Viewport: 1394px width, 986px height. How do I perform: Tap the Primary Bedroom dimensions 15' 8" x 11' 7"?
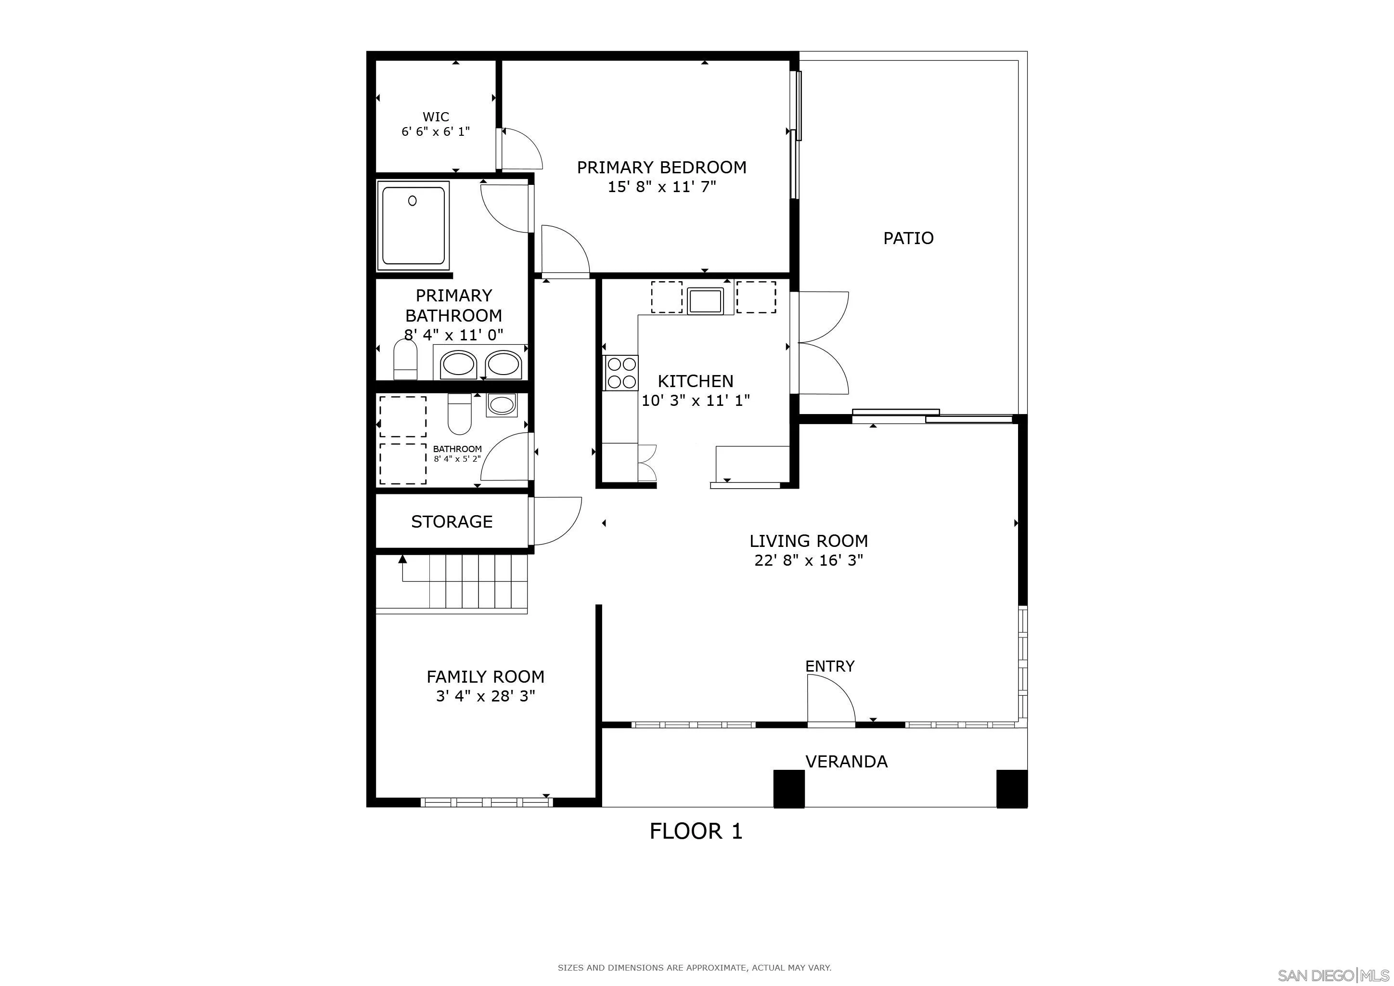tap(662, 187)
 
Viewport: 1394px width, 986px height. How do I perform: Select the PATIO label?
tap(908, 238)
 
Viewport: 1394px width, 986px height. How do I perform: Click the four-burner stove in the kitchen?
tap(620, 373)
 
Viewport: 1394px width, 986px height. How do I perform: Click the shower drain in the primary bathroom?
tap(412, 200)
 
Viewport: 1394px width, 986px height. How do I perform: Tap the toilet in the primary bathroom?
tap(405, 360)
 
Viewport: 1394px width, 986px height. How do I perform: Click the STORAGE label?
tap(451, 521)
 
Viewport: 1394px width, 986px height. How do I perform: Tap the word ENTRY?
tap(829, 666)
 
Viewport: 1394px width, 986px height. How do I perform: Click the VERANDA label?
tap(846, 761)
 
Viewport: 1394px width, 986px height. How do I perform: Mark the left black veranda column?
tap(788, 788)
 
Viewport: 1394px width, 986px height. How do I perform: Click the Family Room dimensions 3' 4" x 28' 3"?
tap(485, 696)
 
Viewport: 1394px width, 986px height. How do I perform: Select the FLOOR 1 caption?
tap(696, 831)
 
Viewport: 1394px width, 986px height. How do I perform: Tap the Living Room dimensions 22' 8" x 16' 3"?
tap(808, 560)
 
